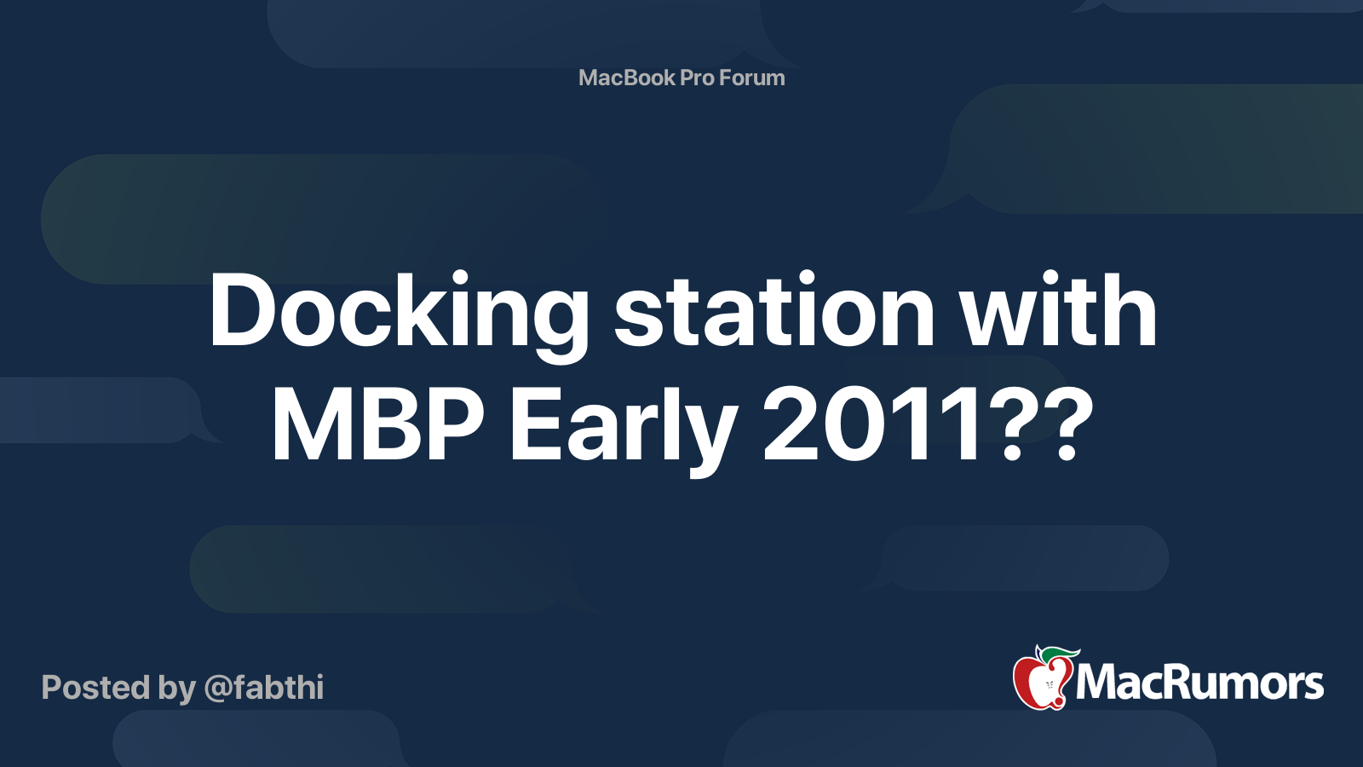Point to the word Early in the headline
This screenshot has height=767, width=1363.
(x=623, y=424)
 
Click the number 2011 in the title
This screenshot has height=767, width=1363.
(x=874, y=424)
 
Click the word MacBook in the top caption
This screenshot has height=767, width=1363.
(x=627, y=78)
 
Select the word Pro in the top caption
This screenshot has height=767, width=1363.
(x=697, y=78)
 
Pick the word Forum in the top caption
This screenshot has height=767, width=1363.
(x=751, y=78)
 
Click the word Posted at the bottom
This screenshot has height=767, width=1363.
(x=95, y=688)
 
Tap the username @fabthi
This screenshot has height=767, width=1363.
(x=264, y=688)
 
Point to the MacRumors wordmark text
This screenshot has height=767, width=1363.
(x=1199, y=683)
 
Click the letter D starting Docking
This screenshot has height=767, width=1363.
(x=244, y=312)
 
